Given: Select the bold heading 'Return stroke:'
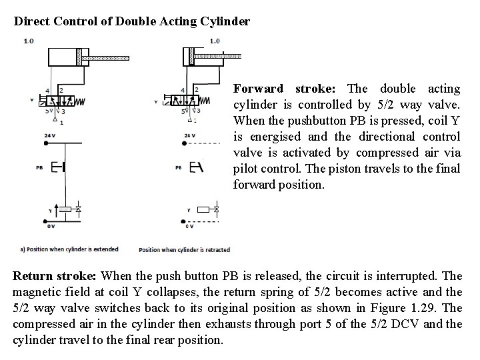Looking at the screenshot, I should tap(55, 276).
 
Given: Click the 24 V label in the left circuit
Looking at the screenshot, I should tap(49, 135).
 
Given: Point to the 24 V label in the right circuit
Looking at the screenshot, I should tap(189, 135).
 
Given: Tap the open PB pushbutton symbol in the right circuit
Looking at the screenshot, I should tap(196, 167).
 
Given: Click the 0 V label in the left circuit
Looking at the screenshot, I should tap(51, 226).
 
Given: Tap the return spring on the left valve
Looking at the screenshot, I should tap(79, 101).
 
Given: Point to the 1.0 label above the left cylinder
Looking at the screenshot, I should tap(29, 41).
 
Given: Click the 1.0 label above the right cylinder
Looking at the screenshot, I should tap(213, 41).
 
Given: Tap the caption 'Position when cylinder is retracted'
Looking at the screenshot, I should tap(184, 250).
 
